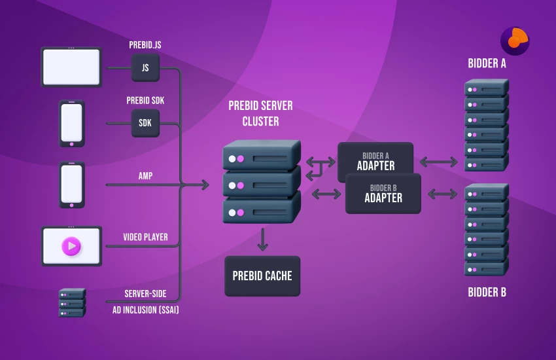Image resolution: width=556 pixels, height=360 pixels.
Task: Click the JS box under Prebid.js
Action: (x=145, y=67)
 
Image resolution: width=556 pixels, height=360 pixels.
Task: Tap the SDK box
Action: (x=145, y=123)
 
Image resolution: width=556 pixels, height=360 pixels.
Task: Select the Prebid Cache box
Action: (x=262, y=276)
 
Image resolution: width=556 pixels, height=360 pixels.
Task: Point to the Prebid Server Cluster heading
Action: (x=260, y=113)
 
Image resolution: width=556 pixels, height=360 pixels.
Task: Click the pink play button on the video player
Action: (x=71, y=246)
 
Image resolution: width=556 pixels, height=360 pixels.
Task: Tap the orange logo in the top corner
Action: (x=515, y=41)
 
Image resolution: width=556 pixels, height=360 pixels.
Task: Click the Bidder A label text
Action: (x=487, y=63)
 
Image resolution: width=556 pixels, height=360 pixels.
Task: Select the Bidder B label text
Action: (x=487, y=292)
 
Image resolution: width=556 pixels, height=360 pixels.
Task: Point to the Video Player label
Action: (x=145, y=237)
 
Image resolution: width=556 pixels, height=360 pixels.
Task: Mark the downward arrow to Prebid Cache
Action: (x=262, y=240)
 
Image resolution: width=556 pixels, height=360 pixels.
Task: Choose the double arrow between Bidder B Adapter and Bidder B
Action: (x=442, y=194)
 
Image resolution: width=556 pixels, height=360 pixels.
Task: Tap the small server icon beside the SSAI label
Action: (x=71, y=302)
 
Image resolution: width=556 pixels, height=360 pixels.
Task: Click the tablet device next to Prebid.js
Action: (x=71, y=67)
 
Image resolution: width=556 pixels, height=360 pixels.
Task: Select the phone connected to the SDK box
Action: (x=71, y=123)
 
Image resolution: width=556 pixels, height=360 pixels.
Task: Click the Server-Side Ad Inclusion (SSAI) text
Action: (x=145, y=302)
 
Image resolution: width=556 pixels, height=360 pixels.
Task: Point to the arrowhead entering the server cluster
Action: (x=205, y=185)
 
